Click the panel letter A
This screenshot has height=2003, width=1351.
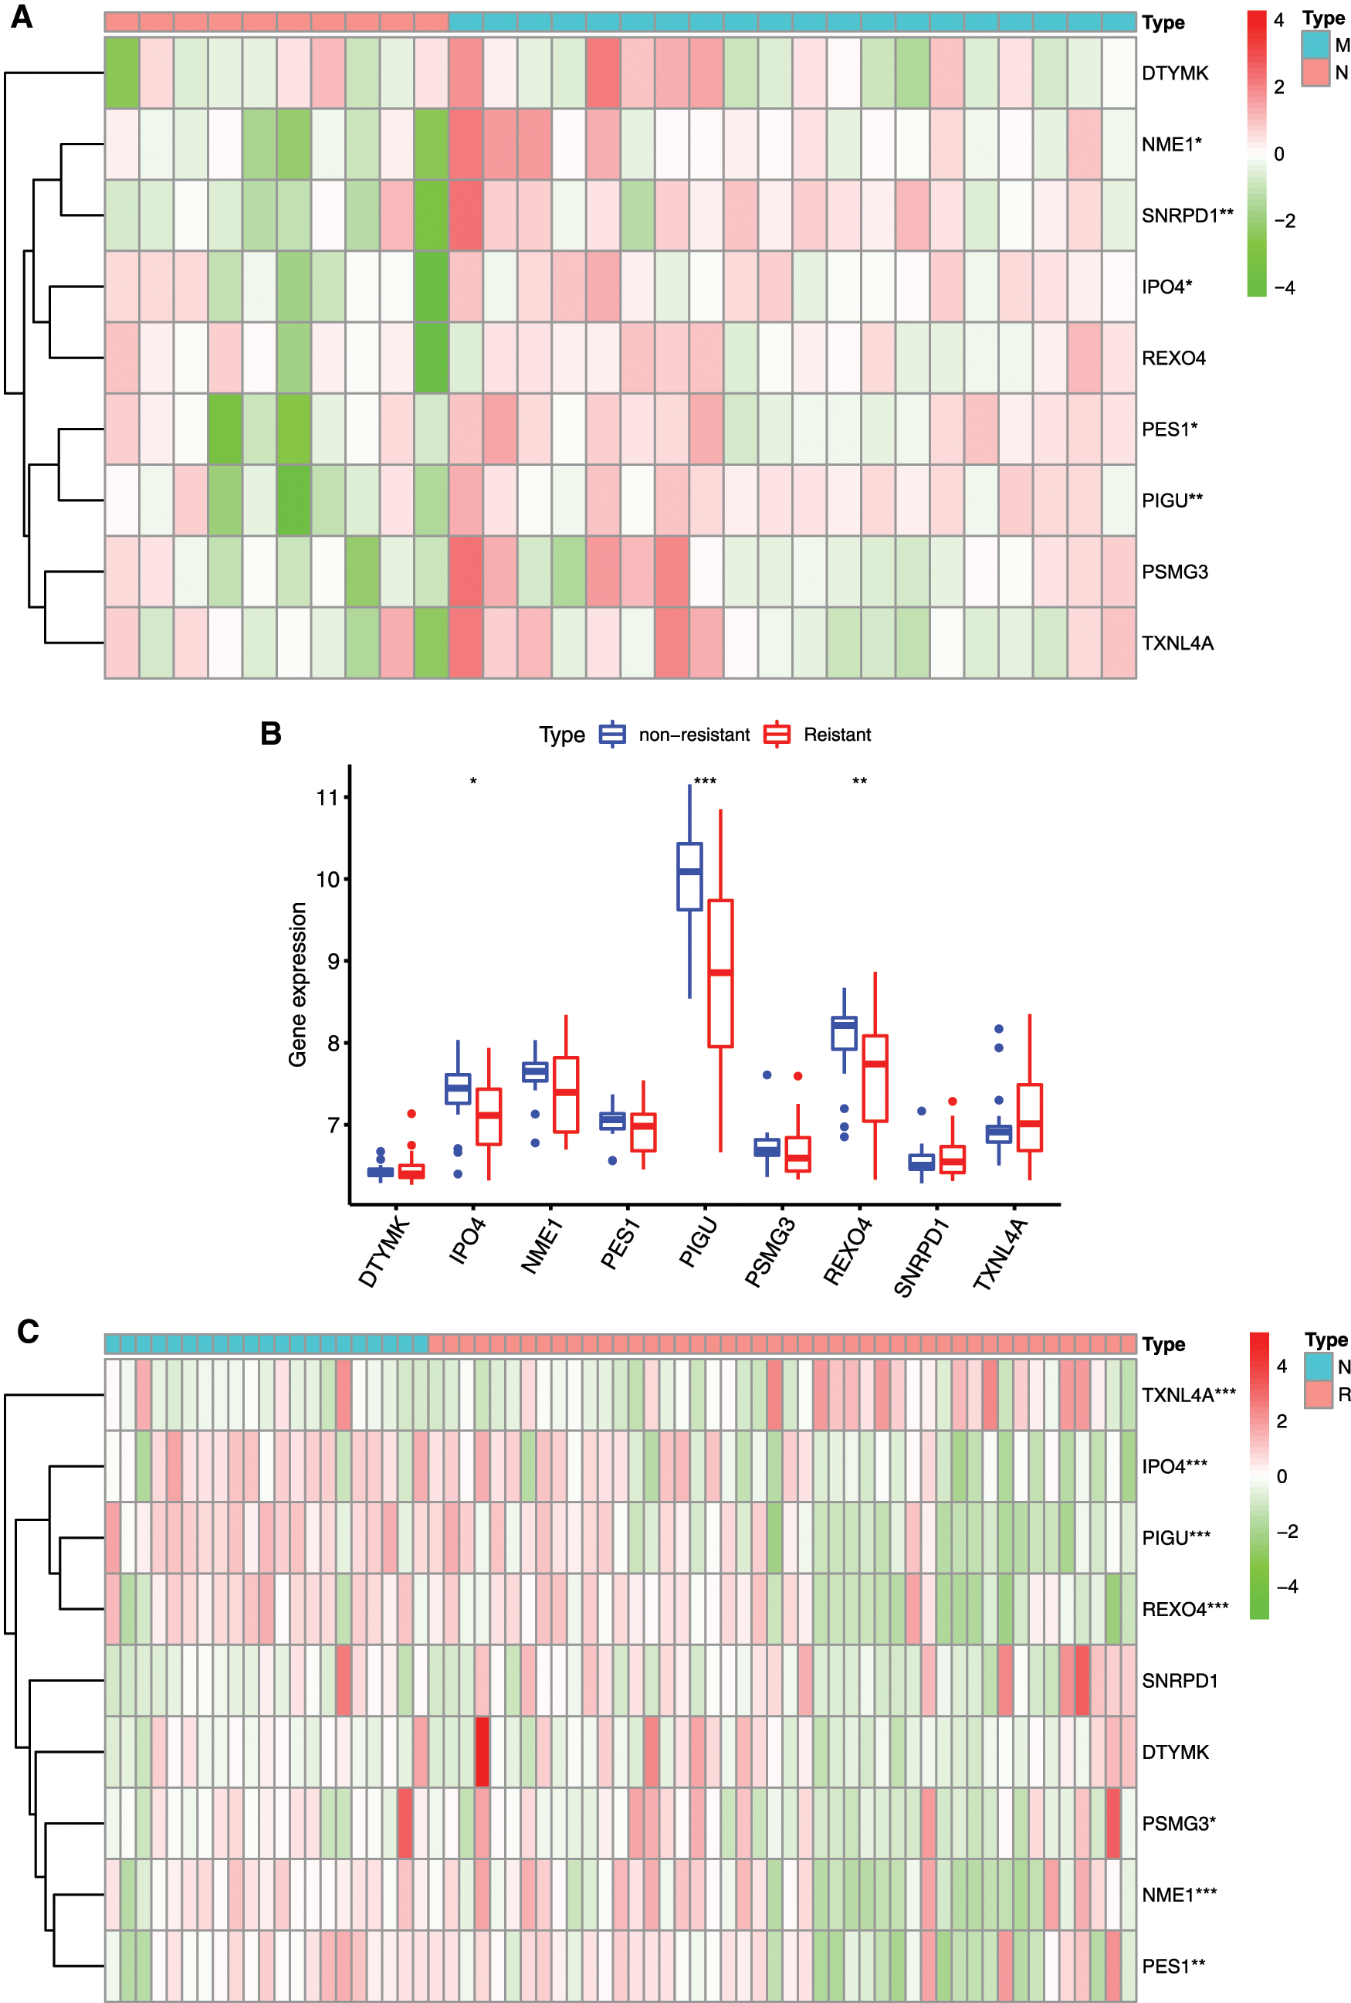[x=22, y=17]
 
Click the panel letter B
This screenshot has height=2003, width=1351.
[x=270, y=734]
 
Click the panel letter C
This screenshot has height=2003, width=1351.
[x=29, y=1332]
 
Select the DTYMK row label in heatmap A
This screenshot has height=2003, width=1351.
[x=1174, y=73]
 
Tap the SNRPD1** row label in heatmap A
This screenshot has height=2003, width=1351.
[x=1187, y=216]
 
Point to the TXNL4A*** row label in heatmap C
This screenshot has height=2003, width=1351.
[x=1188, y=1394]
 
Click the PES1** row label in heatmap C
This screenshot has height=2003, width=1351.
[x=1173, y=1965]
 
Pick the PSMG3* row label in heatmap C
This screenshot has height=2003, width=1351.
[x=1178, y=1823]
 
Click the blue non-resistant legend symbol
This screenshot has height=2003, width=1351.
[x=613, y=735]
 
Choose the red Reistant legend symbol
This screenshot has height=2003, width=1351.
[x=777, y=735]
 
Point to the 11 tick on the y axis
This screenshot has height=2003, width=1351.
[x=327, y=797]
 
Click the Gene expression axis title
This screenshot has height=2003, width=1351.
[x=298, y=984]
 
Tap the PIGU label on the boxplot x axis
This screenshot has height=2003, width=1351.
[x=699, y=1243]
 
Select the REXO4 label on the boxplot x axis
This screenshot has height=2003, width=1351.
[x=848, y=1251]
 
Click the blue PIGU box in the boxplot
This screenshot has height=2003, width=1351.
[x=689, y=877]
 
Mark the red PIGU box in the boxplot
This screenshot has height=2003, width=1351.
[x=720, y=973]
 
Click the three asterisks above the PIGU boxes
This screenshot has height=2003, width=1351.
[x=705, y=782]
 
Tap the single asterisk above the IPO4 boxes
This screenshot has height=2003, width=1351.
[x=473, y=782]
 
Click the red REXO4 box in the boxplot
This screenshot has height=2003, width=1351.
[x=875, y=1078]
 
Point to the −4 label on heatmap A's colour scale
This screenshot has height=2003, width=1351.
[x=1284, y=288]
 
